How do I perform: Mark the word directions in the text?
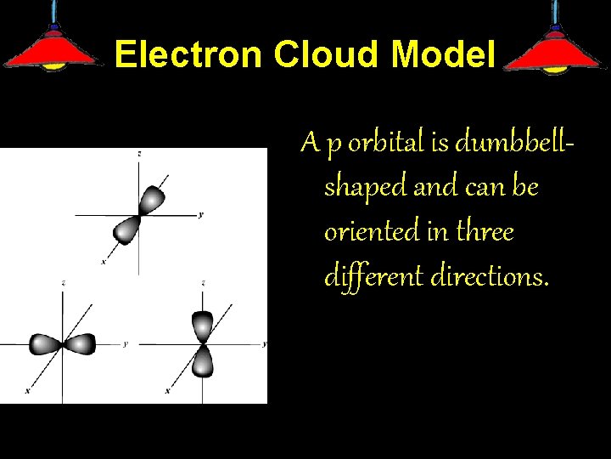[x=486, y=275]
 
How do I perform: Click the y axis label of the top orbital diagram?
[x=200, y=214]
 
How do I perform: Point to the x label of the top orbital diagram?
[x=104, y=262]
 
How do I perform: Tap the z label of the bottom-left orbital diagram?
[x=64, y=281]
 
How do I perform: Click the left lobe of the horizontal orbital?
[x=44, y=344]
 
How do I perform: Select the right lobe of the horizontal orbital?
[x=81, y=344]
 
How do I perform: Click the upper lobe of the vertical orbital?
[x=202, y=325]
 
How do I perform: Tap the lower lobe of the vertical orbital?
[x=202, y=362]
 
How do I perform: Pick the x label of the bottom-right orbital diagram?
[x=167, y=391]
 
